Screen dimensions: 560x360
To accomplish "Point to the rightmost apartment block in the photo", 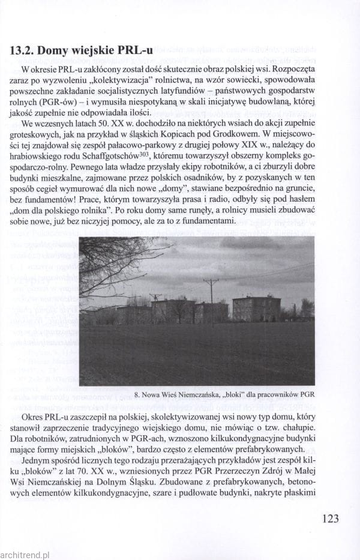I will coord(256,308).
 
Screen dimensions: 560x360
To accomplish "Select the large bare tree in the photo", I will coord(111,264).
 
